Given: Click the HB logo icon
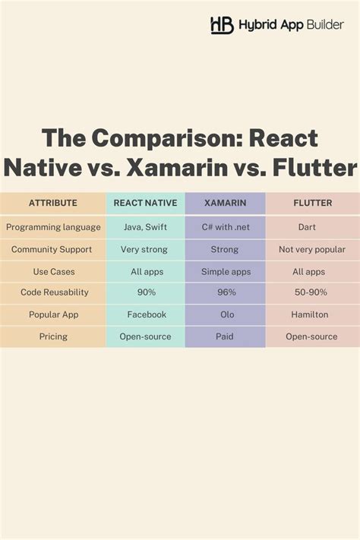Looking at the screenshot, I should point(222,25).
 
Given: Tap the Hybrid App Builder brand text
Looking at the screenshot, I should point(291,25).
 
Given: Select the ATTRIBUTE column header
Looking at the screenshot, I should point(53,203).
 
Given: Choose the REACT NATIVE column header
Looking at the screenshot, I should point(144,203).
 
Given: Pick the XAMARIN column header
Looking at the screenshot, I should point(225,203).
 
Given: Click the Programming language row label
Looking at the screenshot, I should point(53,227).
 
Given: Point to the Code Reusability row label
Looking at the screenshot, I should point(53,292).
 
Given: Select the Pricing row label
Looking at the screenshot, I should point(53,336).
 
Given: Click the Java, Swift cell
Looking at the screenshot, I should point(144,227).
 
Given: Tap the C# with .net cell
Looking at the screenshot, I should point(225,227).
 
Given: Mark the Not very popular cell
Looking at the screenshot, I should point(311,249).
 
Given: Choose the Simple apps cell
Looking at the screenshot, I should point(225,271).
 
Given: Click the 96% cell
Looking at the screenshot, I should point(225,292).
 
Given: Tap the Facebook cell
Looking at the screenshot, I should point(144,314).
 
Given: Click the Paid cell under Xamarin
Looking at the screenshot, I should point(225,336).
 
